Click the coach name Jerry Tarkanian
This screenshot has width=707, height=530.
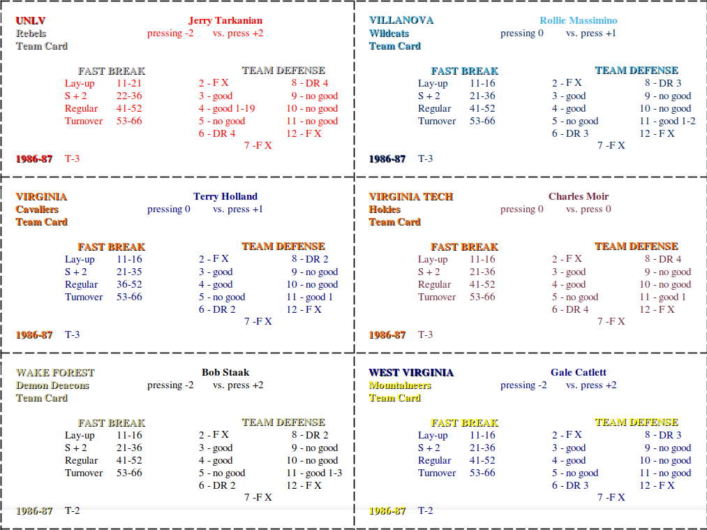(225, 21)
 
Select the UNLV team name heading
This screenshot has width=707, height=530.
(31, 21)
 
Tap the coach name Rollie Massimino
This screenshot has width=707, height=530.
(579, 21)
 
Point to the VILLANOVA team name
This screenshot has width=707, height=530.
(401, 20)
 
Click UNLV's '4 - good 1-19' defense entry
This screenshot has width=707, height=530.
(227, 109)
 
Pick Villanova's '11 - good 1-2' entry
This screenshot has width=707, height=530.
(667, 122)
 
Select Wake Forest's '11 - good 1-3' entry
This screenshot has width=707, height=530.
(314, 473)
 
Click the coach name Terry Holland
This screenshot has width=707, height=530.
(225, 197)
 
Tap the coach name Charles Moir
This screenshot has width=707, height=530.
(579, 197)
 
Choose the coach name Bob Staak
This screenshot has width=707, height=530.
(225, 373)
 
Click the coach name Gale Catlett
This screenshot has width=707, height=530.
(579, 373)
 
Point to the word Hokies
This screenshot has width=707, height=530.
(385, 209)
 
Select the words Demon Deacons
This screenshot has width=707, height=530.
(53, 385)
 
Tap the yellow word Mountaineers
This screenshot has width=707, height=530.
(400, 385)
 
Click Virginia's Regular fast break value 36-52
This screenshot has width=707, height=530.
(129, 285)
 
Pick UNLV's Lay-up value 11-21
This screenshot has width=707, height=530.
(129, 84)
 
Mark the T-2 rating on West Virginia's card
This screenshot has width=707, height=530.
(425, 510)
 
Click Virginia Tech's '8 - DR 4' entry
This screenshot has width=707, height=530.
(663, 259)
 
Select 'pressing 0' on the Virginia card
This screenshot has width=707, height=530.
(169, 209)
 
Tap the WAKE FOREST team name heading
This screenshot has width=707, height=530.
(55, 373)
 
